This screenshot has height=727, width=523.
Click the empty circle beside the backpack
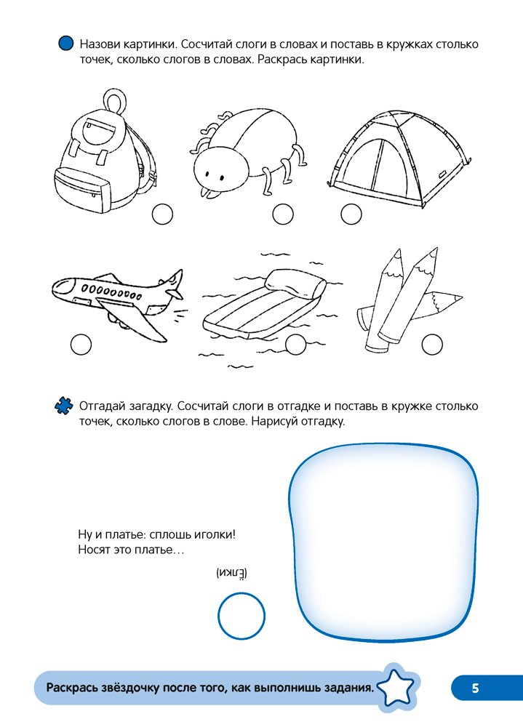pyautogui.click(x=162, y=214)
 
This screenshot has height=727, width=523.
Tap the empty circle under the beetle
pyautogui.click(x=283, y=214)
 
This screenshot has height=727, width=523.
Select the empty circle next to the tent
pyautogui.click(x=351, y=214)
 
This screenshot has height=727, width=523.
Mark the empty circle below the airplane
pyautogui.click(x=81, y=345)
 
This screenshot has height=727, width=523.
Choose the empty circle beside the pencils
pyautogui.click(x=432, y=345)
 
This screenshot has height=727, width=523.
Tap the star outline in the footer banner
pyautogui.click(x=396, y=687)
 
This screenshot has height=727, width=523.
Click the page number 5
pyautogui.click(x=475, y=688)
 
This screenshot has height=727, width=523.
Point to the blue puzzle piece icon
pyautogui.click(x=63, y=406)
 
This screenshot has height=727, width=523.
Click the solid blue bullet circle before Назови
pyautogui.click(x=66, y=43)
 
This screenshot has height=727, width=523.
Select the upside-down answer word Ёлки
pyautogui.click(x=232, y=573)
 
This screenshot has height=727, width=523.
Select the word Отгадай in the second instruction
pyautogui.click(x=103, y=406)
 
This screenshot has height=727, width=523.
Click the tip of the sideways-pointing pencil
pyautogui.click(x=462, y=297)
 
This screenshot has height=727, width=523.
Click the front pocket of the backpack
pyautogui.click(x=83, y=190)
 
